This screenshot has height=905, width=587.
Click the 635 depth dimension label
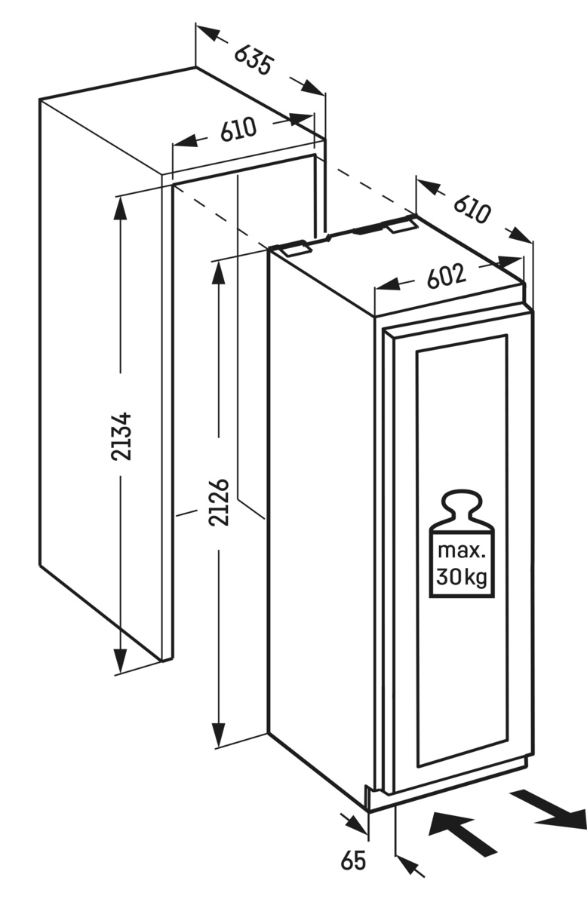tap(254, 60)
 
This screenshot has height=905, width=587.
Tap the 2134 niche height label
tap(121, 436)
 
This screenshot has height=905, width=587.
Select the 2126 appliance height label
tap(219, 502)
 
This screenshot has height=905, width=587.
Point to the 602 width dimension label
tap(447, 276)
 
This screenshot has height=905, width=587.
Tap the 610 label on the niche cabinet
tap(238, 129)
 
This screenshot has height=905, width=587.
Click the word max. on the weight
tap(461, 551)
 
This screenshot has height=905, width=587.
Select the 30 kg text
tap(462, 577)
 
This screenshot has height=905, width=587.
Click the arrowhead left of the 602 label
tap(388, 285)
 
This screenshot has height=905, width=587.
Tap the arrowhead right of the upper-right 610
tap(521, 235)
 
